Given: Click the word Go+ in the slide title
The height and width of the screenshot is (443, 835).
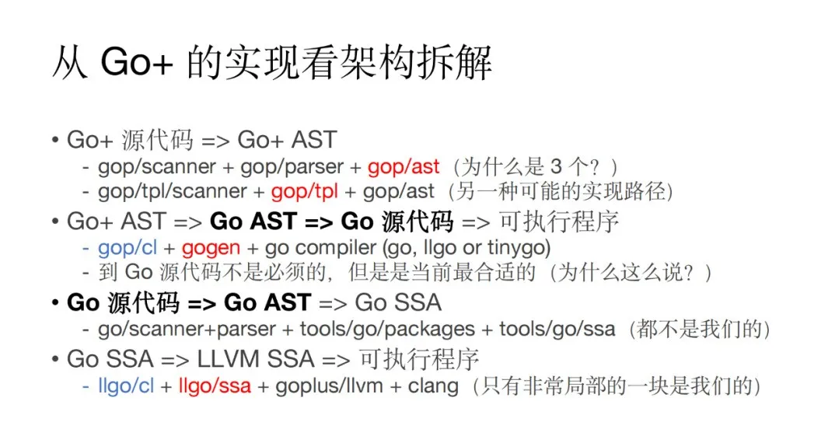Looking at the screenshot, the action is click(137, 63).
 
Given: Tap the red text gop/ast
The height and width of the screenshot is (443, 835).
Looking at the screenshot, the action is click(404, 166).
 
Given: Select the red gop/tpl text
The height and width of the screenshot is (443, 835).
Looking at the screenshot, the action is click(304, 192).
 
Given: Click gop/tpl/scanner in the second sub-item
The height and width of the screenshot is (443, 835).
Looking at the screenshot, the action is click(172, 192).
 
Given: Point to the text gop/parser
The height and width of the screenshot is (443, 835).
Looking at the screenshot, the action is click(292, 167).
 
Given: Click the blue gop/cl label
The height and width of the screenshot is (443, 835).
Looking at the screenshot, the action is click(128, 248).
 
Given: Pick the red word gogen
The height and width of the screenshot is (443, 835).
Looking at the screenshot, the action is click(211, 249).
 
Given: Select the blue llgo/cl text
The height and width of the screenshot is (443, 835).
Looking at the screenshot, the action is click(126, 386).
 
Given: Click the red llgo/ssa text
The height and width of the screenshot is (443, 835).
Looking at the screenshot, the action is click(215, 386).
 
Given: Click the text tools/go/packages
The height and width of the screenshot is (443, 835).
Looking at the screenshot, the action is click(387, 330).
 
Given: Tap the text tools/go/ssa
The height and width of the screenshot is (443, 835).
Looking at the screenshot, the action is click(557, 330).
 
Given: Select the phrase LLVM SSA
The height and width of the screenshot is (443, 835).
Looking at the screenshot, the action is click(255, 359).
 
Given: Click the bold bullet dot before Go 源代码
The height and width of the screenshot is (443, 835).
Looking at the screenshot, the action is click(55, 303).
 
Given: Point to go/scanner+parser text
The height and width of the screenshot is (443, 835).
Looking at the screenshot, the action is click(187, 330).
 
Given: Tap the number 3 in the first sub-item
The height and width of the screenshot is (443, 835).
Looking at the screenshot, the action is click(556, 167).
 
